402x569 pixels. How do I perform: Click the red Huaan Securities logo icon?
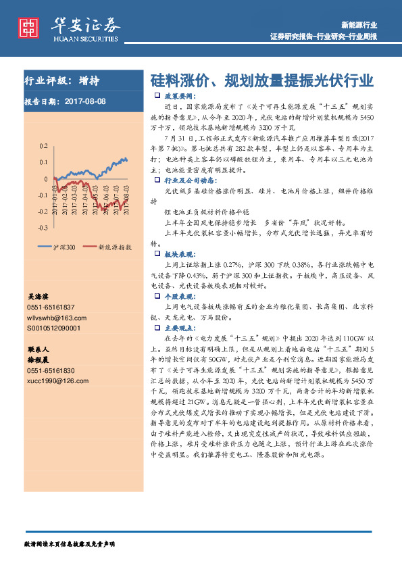click(x=28, y=27)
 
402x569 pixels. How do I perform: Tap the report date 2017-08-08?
click(x=86, y=102)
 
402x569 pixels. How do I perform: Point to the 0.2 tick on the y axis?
click(x=43, y=146)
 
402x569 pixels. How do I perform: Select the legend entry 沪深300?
click(x=63, y=247)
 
